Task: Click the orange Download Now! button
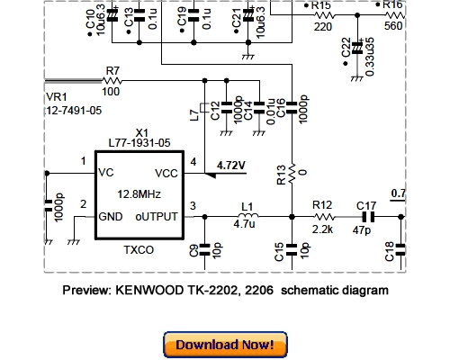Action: (225, 344)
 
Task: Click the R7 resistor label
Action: (112, 70)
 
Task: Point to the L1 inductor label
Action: (247, 206)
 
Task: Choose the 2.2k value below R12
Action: (323, 229)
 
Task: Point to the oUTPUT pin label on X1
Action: (158, 216)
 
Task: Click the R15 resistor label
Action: (321, 5)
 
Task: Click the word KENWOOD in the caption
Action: (150, 291)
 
